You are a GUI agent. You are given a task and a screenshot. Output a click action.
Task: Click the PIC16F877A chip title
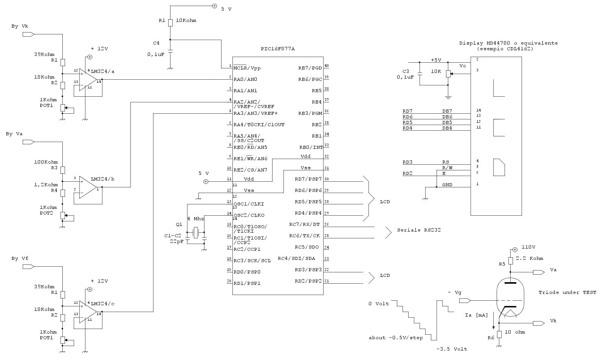point(278,49)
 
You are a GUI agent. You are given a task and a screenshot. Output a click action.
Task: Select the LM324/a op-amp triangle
point(88,79)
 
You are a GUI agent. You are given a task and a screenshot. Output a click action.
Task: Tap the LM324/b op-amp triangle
point(88,187)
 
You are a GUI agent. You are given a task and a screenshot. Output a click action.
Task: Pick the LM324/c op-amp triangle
point(88,312)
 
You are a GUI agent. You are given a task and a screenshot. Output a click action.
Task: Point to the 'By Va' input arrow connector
point(28,142)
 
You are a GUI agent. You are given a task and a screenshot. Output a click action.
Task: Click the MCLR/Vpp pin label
point(247,68)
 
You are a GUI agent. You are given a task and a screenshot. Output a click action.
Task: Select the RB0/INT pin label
point(311,147)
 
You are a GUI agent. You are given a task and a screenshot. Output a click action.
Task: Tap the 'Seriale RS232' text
point(419,230)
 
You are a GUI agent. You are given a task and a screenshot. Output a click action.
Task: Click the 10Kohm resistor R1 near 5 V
point(170,23)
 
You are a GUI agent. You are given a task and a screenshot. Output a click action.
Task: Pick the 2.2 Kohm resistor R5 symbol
point(510,261)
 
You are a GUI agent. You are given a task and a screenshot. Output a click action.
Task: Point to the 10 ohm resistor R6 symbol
point(499,334)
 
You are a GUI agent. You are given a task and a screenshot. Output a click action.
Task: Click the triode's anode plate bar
point(510,283)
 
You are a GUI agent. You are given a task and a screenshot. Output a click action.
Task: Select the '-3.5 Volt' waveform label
point(452,349)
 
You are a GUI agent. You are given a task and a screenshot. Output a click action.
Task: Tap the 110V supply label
point(528,247)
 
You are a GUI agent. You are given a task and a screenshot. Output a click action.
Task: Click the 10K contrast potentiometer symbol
point(448,74)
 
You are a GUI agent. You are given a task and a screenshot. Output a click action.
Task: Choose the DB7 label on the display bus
point(447,111)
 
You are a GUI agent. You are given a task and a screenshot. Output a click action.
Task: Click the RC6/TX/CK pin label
point(304,236)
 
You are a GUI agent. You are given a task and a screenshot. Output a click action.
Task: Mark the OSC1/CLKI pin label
point(249,204)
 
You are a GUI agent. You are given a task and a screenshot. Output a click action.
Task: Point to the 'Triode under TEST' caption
point(567,293)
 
